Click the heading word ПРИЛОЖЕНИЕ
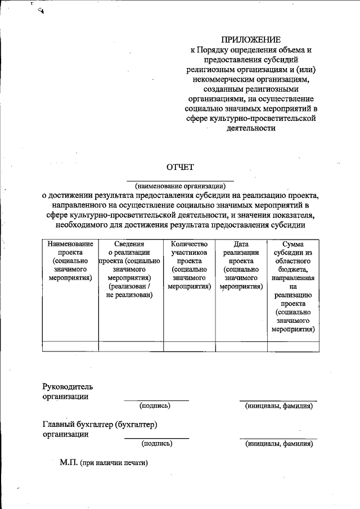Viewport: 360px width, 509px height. pos(250,39)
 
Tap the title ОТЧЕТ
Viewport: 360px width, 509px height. pos(180,166)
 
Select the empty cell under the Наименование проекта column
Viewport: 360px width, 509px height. pos(70,345)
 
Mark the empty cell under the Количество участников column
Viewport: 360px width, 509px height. pos(189,345)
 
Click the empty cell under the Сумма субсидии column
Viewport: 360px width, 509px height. pos(292,345)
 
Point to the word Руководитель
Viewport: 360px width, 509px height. pos(67,386)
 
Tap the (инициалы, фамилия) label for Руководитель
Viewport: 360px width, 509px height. pos(278,406)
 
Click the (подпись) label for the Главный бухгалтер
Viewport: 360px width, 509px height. pos(157,443)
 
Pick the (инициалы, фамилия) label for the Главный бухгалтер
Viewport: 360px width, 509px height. pos(278,443)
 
